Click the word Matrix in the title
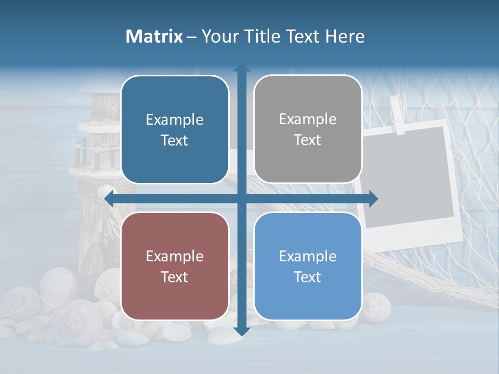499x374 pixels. click(154, 36)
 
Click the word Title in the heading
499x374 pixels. click(262, 36)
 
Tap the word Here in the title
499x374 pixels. click(345, 36)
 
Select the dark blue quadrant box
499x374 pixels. click(175, 129)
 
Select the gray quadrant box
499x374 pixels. click(308, 129)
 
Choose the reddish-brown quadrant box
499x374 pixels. click(175, 266)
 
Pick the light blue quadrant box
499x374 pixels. click(308, 266)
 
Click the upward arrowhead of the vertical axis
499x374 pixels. click(242, 68)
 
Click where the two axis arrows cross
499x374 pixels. click(242, 198)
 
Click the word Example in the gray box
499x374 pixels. click(308, 119)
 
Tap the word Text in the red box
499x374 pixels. click(175, 277)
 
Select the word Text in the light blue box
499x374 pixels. click(308, 277)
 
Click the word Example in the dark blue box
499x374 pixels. click(175, 119)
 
